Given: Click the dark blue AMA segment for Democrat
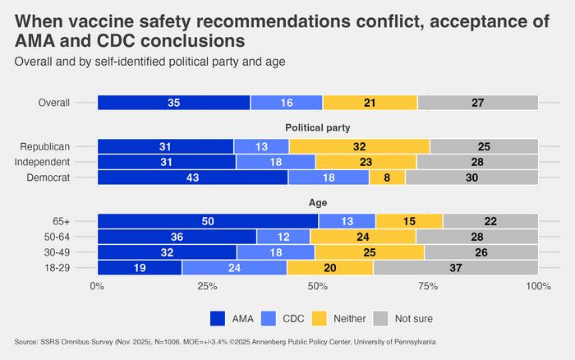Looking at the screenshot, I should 192,177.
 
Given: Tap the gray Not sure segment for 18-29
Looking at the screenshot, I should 455,267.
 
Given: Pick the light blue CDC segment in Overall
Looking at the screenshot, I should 287,103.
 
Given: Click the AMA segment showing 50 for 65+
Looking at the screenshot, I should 208,220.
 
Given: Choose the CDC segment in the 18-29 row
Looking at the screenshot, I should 234,267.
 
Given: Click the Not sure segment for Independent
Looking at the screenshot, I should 477,161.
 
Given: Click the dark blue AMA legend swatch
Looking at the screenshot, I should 219,317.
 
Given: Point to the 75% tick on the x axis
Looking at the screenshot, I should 428,285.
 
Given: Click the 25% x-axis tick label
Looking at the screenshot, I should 207,285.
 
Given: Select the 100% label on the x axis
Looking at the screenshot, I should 538,285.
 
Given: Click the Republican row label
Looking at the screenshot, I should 68,145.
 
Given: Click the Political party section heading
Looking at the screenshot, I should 317,127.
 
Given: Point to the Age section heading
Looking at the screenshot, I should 317,202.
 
